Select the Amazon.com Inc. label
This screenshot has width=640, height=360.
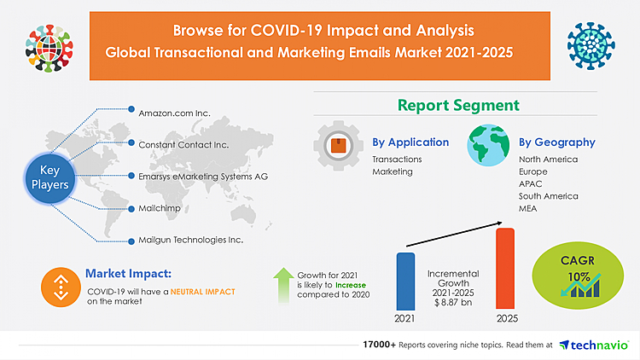(174, 112)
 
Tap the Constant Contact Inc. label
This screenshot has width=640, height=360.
(183, 144)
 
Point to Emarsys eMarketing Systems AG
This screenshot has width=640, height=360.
(203, 177)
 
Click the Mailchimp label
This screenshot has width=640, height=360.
(157, 208)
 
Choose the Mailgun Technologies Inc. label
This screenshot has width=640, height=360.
(190, 241)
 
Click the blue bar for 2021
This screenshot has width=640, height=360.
(405, 281)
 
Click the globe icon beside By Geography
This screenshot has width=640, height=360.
(488, 146)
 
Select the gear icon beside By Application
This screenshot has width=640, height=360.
(338, 146)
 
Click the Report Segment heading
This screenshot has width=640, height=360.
(457, 106)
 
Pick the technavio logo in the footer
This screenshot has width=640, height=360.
(594, 345)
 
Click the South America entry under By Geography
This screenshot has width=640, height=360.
(548, 196)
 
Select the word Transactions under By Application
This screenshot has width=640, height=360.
(397, 160)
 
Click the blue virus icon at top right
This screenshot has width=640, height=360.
(591, 40)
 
